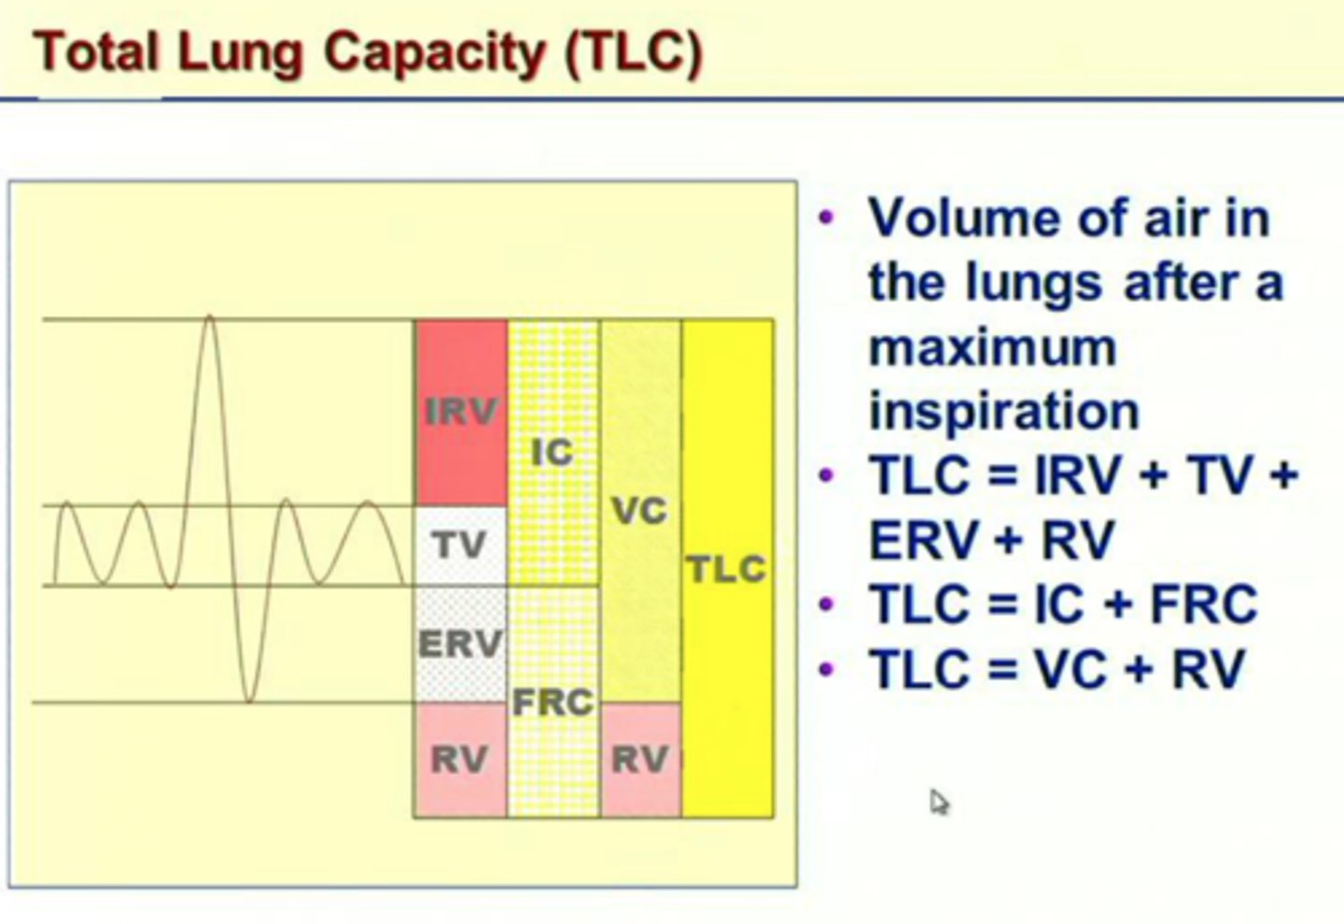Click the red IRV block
pyautogui.click(x=461, y=412)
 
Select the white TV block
pyautogui.click(x=460, y=545)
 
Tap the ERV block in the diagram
pyautogui.click(x=460, y=644)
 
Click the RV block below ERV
pyautogui.click(x=460, y=760)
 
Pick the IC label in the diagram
pyautogui.click(x=553, y=453)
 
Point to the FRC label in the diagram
pyautogui.click(x=553, y=702)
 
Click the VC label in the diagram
pyautogui.click(x=640, y=511)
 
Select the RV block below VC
pyautogui.click(x=640, y=760)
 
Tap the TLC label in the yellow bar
pyautogui.click(x=727, y=568)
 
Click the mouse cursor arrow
pyautogui.click(x=937, y=800)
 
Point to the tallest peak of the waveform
pyautogui.click(x=210, y=319)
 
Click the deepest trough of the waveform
pyautogui.click(x=249, y=700)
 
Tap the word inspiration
pyautogui.click(x=1004, y=411)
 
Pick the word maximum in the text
pyautogui.click(x=992, y=347)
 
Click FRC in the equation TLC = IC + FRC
pyautogui.click(x=1204, y=604)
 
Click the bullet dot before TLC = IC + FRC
pyautogui.click(x=825, y=604)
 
